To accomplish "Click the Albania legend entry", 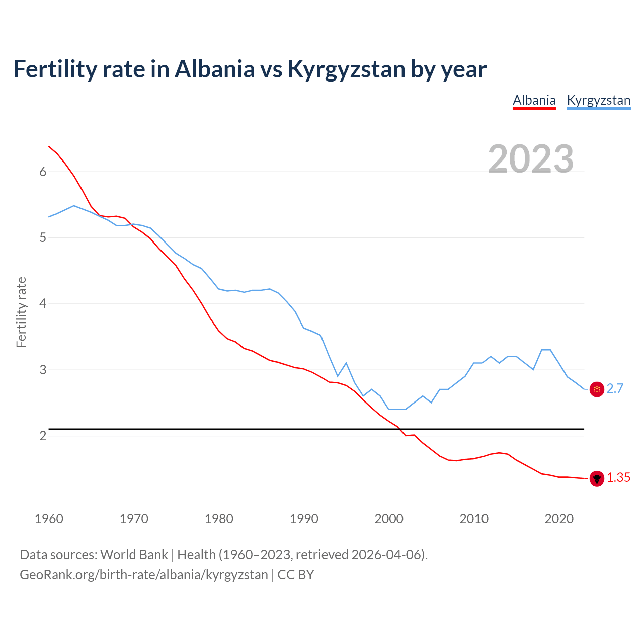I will click(534, 100).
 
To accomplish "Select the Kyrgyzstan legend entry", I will click(598, 100).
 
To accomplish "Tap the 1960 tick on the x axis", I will click(49, 519).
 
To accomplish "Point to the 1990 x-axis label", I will click(304, 519).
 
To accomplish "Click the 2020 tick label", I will click(559, 519).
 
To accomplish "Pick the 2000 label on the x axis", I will click(389, 519).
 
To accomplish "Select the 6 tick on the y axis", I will click(43, 172).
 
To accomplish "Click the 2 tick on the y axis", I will click(43, 436).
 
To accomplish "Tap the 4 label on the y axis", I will click(43, 304).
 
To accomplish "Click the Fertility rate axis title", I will click(21, 312).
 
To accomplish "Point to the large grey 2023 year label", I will click(531, 159).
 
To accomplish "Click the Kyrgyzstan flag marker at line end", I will click(597, 389).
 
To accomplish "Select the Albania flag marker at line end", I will click(597, 478).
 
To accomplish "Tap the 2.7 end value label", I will click(615, 389).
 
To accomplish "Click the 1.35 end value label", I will click(618, 478).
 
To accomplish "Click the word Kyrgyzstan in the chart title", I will click(346, 69).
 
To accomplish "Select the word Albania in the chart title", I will click(215, 69).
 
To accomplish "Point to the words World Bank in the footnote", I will click(134, 555).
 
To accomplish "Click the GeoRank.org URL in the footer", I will click(144, 575).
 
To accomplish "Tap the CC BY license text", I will click(296, 575).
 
